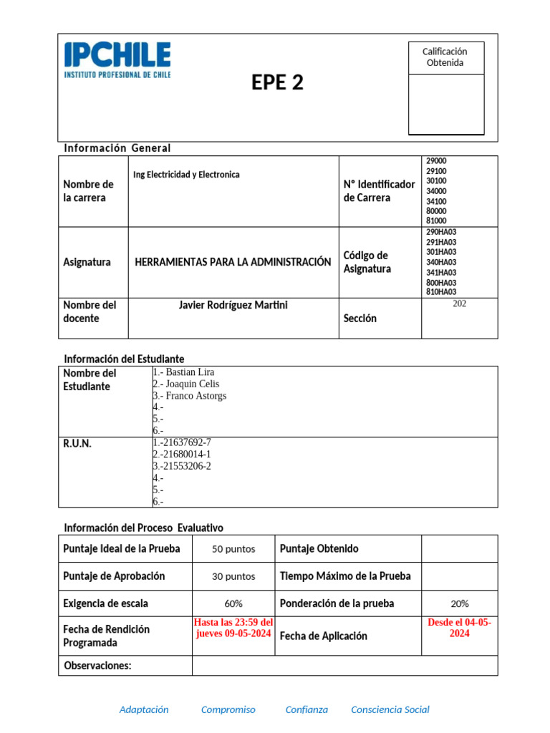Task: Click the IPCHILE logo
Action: click(x=117, y=59)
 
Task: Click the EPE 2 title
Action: click(x=277, y=83)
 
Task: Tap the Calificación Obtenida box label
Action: click(x=445, y=57)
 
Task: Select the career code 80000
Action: click(x=436, y=211)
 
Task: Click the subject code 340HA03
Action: click(x=441, y=262)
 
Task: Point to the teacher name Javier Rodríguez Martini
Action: click(x=233, y=306)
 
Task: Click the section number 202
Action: click(x=459, y=304)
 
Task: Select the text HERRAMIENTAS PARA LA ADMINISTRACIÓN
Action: click(x=233, y=262)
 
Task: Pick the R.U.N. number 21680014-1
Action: click(x=183, y=455)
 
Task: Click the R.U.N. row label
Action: click(x=77, y=444)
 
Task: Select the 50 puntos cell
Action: click(x=233, y=549)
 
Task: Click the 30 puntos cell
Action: click(x=233, y=576)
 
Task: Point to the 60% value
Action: click(x=233, y=603)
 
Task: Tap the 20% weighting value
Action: click(x=459, y=603)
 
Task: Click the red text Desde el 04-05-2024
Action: click(x=459, y=628)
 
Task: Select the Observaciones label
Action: click(x=98, y=666)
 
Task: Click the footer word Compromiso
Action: click(x=228, y=709)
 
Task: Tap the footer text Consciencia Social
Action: click(x=390, y=709)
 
